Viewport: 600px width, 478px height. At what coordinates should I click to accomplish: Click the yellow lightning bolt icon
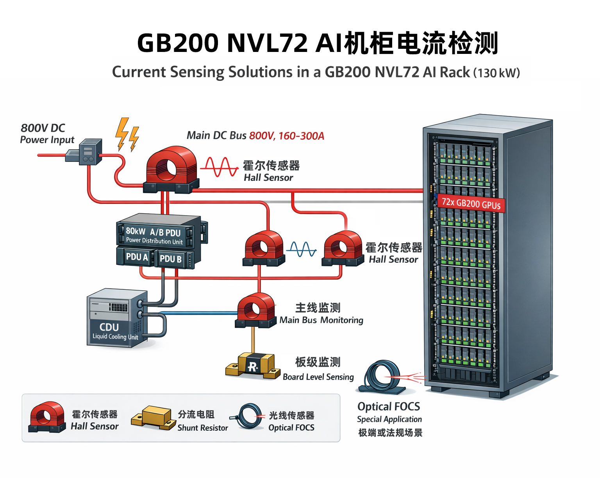[127, 135]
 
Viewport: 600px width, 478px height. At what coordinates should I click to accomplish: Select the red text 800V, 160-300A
[287, 136]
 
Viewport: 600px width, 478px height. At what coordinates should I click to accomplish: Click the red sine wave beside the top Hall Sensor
[220, 167]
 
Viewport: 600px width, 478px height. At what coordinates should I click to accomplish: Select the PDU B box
[171, 259]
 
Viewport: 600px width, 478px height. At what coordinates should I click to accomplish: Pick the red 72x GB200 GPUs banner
[471, 203]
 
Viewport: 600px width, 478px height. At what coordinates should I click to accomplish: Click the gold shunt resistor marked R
[253, 366]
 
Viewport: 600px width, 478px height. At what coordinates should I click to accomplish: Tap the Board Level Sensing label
[318, 377]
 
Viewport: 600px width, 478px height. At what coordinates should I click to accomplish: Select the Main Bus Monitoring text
[321, 320]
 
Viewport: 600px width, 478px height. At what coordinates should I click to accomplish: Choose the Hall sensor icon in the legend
[46, 417]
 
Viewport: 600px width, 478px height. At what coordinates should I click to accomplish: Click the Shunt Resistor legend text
[202, 428]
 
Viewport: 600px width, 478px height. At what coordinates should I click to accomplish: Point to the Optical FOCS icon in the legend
[247, 416]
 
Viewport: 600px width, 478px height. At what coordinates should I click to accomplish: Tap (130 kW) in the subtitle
[496, 73]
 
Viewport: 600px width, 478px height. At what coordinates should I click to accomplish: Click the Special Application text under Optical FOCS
[389, 419]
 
